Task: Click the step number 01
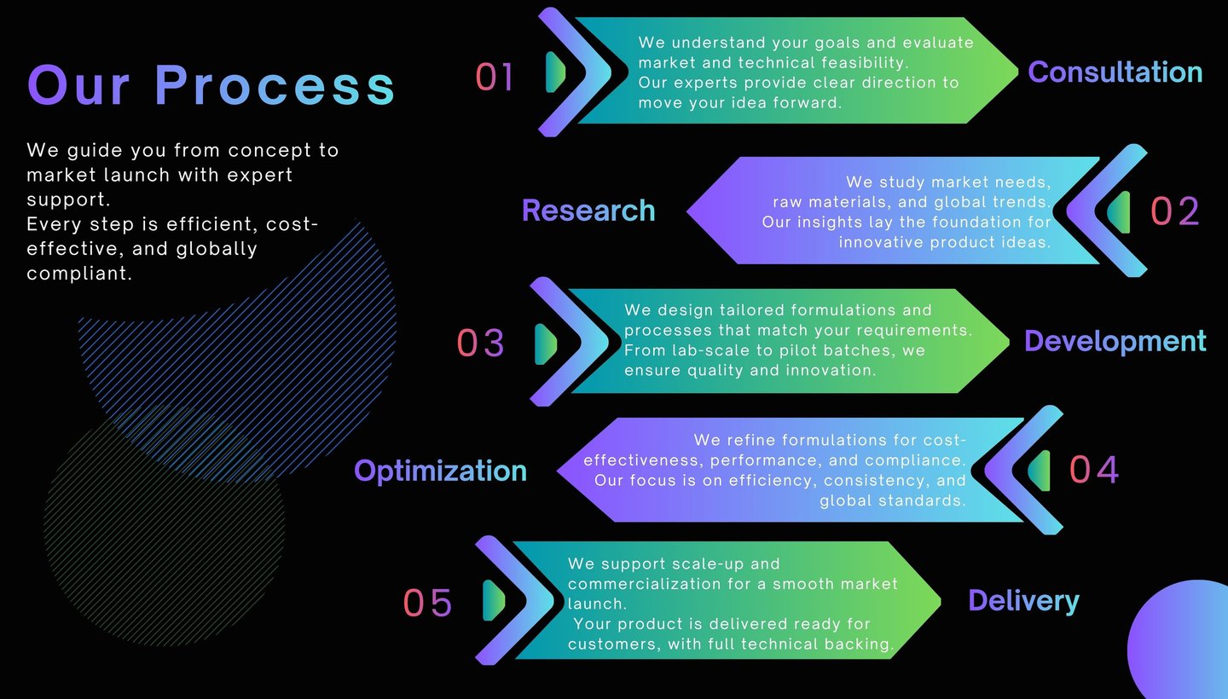click(x=495, y=77)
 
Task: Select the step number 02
click(x=1175, y=211)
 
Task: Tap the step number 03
click(x=481, y=343)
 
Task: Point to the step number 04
click(x=1094, y=470)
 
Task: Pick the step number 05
click(x=427, y=603)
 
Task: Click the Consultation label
click(x=1115, y=72)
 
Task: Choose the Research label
click(x=588, y=211)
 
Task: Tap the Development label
click(x=1115, y=341)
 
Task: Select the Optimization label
click(x=440, y=471)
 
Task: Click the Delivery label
click(x=1023, y=601)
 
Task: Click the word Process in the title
click(x=275, y=85)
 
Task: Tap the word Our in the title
click(x=81, y=85)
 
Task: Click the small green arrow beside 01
click(x=555, y=72)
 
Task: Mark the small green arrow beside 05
click(x=493, y=600)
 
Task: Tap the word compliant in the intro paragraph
click(x=79, y=274)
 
